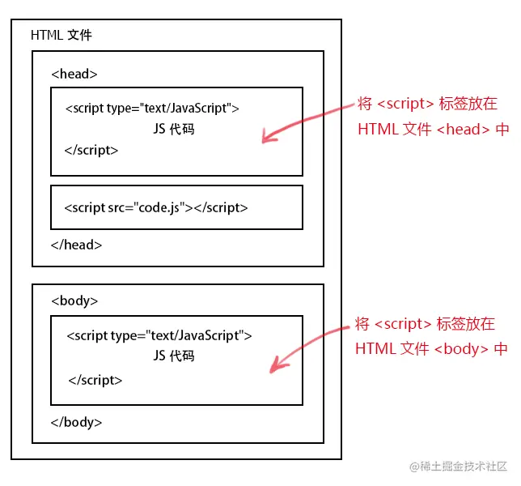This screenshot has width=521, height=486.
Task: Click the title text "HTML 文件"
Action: click(x=61, y=36)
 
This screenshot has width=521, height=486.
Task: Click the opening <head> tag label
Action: click(x=74, y=74)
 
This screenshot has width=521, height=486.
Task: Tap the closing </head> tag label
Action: click(x=76, y=244)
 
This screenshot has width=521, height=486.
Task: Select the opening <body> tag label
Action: click(x=74, y=301)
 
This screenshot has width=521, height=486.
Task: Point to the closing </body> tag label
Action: click(x=76, y=422)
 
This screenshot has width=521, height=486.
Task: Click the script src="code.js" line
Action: click(x=156, y=207)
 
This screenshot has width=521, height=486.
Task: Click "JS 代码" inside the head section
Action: click(x=173, y=129)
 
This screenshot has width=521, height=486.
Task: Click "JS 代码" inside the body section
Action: click(x=173, y=356)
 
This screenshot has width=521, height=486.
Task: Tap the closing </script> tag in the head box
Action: click(x=91, y=150)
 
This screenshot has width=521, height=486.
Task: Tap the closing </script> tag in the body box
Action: click(x=95, y=379)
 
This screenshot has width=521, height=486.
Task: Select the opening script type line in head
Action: click(x=151, y=108)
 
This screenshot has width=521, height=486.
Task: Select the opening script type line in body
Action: click(x=159, y=335)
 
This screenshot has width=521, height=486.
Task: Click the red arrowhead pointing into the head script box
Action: click(x=266, y=137)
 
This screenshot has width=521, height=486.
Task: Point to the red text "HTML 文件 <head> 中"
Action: click(x=433, y=129)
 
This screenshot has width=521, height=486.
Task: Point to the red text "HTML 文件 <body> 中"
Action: click(x=431, y=348)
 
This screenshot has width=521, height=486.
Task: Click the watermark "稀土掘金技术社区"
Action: click(x=464, y=467)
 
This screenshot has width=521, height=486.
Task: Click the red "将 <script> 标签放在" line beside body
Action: click(x=425, y=324)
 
